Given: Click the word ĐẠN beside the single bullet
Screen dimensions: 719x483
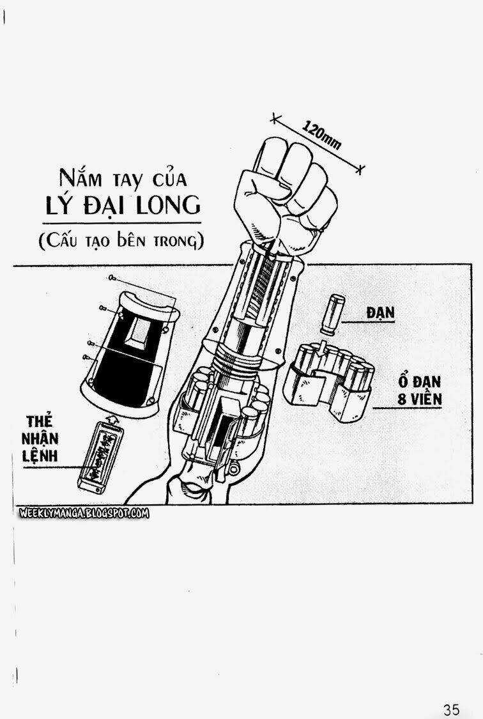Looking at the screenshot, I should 381,313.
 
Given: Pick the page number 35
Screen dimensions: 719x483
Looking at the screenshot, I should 450,709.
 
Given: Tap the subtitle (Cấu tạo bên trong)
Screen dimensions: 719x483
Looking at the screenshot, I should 120,241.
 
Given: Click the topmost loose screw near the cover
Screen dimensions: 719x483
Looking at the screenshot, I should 111,277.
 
